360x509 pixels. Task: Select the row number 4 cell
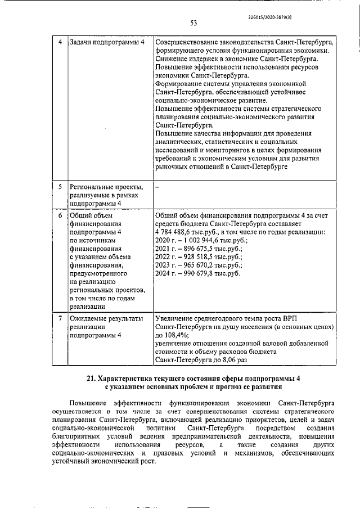click(61, 42)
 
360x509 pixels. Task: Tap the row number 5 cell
click(61, 186)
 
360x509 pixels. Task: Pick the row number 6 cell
click(61, 215)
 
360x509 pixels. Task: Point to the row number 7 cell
click(61, 319)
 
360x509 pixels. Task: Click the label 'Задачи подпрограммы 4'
click(106, 42)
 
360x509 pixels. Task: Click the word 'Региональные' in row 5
click(92, 186)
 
